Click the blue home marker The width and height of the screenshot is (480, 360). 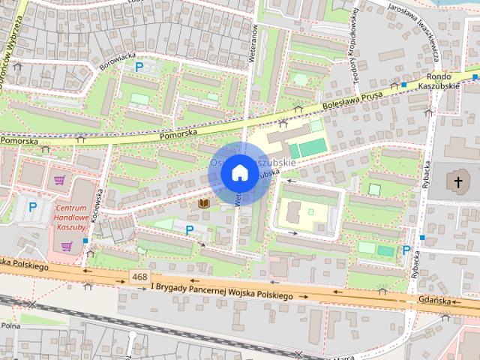tap(239, 173)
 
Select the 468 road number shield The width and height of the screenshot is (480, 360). tap(138, 277)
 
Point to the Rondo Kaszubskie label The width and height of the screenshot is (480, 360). tap(442, 82)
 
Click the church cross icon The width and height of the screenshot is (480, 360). tap(457, 181)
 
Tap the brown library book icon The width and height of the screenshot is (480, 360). tap(202, 203)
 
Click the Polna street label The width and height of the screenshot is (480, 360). tap(10, 326)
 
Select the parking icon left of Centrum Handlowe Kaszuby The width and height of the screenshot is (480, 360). tap(31, 205)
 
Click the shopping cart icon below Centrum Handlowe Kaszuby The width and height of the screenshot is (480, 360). tap(67, 245)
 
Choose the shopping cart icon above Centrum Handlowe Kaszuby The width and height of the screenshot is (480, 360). tap(59, 180)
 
